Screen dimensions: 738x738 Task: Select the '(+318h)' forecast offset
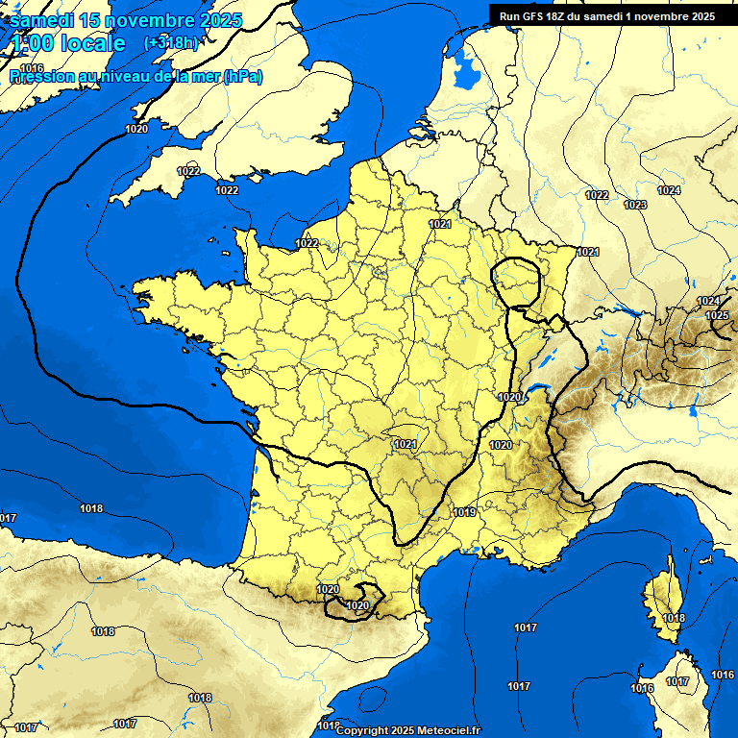tap(171, 43)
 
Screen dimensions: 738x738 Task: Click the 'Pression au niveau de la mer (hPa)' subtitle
tap(135, 77)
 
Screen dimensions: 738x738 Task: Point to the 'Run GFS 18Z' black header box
tap(606, 15)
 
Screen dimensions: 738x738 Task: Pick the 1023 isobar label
tap(634, 205)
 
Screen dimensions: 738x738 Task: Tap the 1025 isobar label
tap(717, 315)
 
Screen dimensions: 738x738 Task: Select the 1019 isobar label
tap(464, 512)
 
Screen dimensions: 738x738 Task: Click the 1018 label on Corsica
tap(675, 618)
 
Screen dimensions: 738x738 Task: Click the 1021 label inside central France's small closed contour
tap(405, 444)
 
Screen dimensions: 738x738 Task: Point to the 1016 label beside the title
tap(32, 68)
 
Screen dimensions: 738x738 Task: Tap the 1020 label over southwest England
tap(136, 129)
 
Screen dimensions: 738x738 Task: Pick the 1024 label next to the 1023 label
tap(669, 190)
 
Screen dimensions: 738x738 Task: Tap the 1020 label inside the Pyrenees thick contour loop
tap(357, 605)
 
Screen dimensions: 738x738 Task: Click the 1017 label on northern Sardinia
tap(677, 681)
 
